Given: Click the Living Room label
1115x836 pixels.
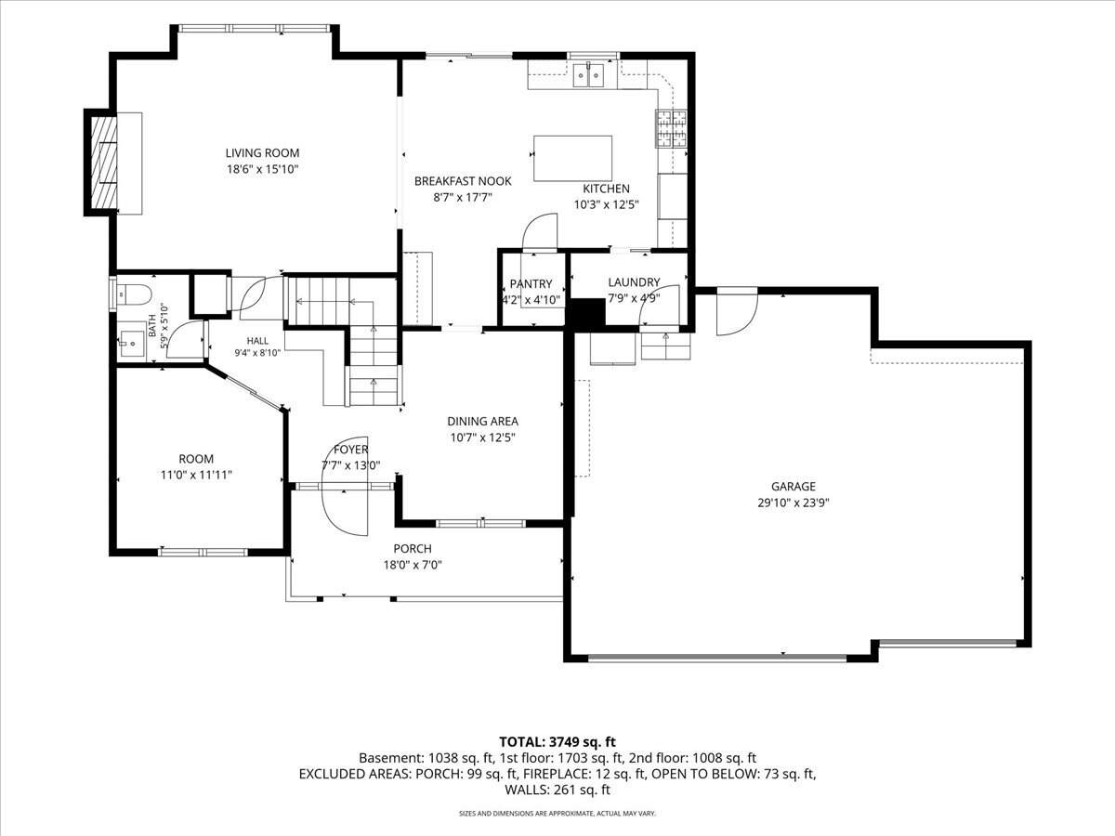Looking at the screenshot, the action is pyautogui.click(x=262, y=152).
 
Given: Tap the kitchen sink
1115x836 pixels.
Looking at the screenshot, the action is pyautogui.click(x=588, y=75).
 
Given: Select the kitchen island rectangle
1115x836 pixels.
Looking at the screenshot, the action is pyautogui.click(x=572, y=158).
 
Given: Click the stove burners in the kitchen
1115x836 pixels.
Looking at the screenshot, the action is pyautogui.click(x=671, y=128).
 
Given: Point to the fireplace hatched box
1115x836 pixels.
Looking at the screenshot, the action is pyautogui.click(x=104, y=162).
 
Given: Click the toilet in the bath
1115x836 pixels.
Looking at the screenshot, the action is pyautogui.click(x=134, y=294).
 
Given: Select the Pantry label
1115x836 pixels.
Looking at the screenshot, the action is pyautogui.click(x=531, y=283).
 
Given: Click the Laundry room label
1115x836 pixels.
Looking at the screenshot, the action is pyautogui.click(x=634, y=281).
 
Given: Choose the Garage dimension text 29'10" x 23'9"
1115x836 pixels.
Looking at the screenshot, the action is pyautogui.click(x=794, y=503).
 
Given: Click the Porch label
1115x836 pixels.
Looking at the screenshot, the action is pyautogui.click(x=413, y=549).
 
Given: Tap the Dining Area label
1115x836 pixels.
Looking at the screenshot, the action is pyautogui.click(x=482, y=421).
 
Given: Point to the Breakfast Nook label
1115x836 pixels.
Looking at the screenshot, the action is pyautogui.click(x=463, y=181).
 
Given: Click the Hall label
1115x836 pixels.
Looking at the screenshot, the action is pyautogui.click(x=257, y=341).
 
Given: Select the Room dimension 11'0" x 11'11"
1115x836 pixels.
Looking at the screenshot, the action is pyautogui.click(x=196, y=475).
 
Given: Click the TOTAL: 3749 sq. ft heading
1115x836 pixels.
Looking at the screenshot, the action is pyautogui.click(x=557, y=741).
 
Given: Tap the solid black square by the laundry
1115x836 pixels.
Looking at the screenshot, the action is pyautogui.click(x=588, y=315).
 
